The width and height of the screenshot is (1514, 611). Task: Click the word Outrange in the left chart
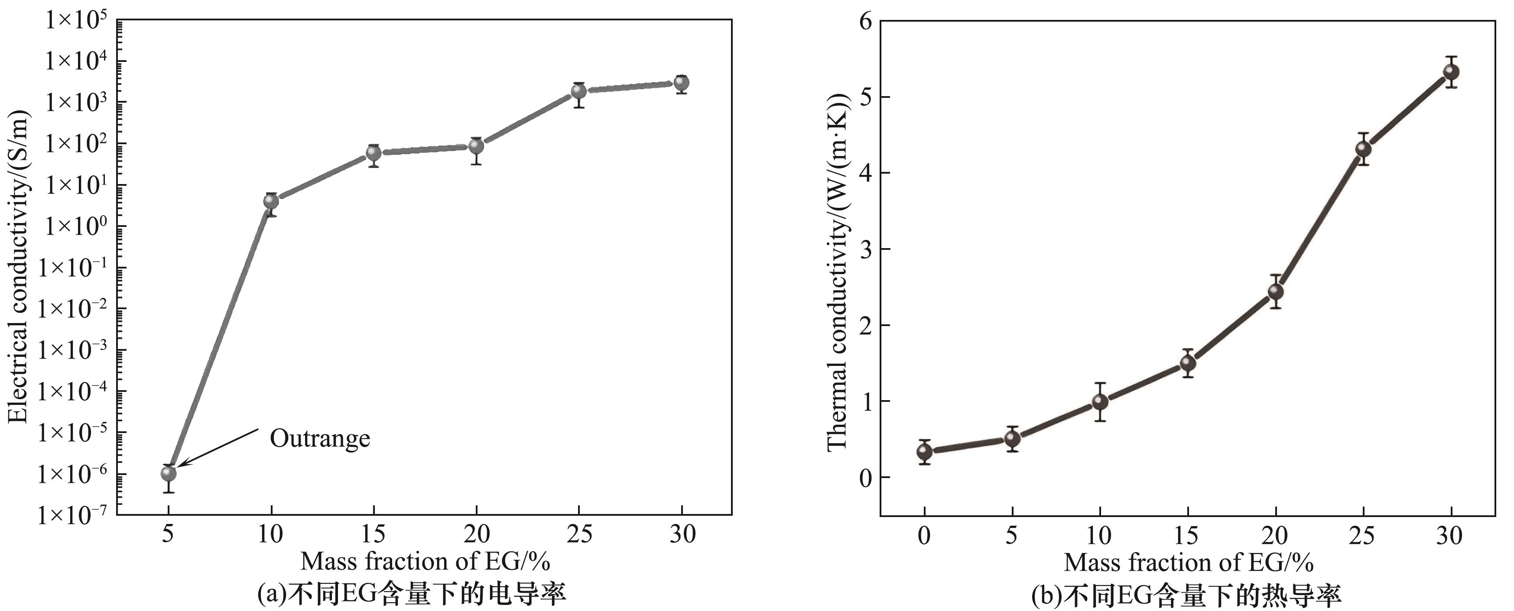point(320,439)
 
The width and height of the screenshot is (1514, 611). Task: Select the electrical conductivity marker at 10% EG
point(271,201)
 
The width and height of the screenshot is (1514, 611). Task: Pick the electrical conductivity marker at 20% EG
point(476,145)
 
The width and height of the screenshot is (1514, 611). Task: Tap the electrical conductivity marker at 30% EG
point(681,83)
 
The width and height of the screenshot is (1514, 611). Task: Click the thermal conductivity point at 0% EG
point(925,451)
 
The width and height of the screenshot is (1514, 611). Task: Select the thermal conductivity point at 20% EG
point(1275,291)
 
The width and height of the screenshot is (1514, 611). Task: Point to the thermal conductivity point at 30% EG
point(1451,72)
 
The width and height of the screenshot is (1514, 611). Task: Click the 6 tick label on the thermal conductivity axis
point(866,21)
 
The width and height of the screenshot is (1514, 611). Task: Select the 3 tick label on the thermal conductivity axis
point(866,249)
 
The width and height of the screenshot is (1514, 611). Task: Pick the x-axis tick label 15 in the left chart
point(373,534)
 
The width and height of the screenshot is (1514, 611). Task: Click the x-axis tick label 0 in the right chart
point(925,535)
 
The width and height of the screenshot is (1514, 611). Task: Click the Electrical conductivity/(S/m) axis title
point(19,267)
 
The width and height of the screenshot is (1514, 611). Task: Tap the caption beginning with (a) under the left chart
point(411,595)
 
